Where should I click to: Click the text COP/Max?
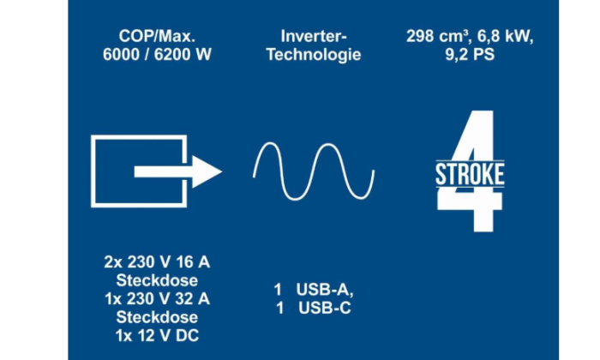tap(157, 36)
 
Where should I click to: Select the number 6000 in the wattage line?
tap(122, 54)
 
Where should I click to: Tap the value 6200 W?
tap(183, 54)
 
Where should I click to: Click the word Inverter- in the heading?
tap(314, 36)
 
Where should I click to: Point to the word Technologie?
tap(314, 54)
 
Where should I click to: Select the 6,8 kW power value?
tap(505, 37)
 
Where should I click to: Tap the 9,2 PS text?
tap(470, 54)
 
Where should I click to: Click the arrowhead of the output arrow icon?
tap(207, 171)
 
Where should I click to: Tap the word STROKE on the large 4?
tap(470, 175)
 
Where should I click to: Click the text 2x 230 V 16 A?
tap(157, 262)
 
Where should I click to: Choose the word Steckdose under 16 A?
tap(157, 280)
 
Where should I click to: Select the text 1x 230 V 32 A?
tap(157, 299)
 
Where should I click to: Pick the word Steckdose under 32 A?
tap(157, 317)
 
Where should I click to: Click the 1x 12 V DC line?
tap(157, 335)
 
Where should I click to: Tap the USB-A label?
tap(325, 290)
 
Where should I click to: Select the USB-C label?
tap(325, 308)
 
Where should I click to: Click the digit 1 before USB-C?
tap(279, 308)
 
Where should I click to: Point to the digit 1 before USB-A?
tap(278, 290)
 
